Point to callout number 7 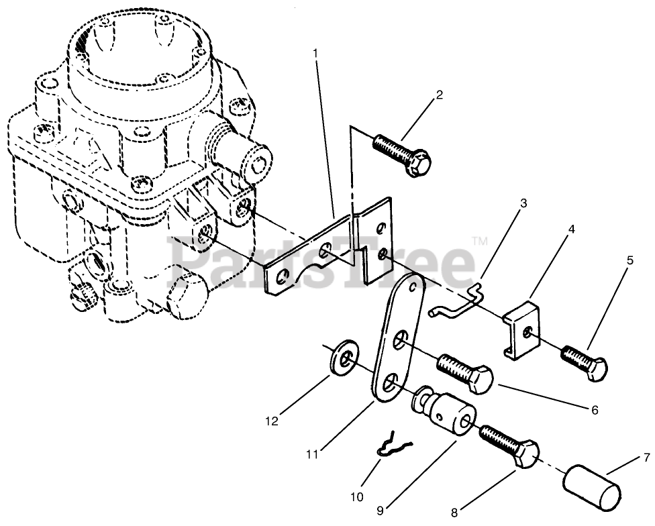point(646,458)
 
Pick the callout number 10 point(356,496)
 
